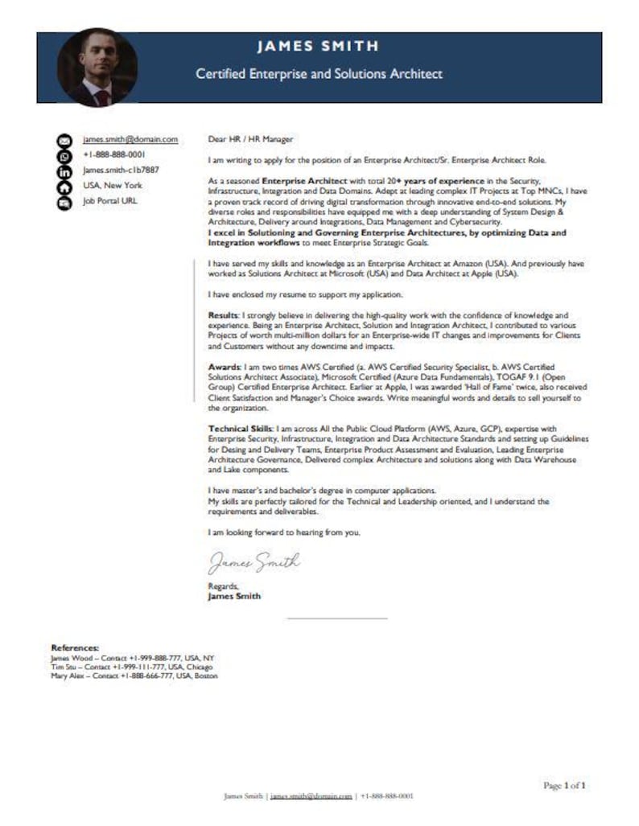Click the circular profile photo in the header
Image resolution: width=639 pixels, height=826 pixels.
point(97,68)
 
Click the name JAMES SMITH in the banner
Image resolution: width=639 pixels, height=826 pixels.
point(318,47)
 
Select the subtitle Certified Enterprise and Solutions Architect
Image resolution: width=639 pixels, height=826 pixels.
point(319,74)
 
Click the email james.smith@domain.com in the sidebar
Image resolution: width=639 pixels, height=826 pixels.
point(130,139)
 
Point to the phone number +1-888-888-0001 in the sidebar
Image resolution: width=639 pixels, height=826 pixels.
point(113,154)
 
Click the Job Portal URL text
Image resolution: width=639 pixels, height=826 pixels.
point(110,201)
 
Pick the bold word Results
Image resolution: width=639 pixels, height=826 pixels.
point(223,315)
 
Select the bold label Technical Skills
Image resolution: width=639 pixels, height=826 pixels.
point(239,429)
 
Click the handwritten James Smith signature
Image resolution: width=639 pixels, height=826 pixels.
point(254,561)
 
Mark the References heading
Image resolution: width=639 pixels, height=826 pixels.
point(75,647)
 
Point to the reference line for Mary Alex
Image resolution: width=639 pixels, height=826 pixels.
point(134,676)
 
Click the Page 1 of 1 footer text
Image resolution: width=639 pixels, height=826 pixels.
point(565,784)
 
